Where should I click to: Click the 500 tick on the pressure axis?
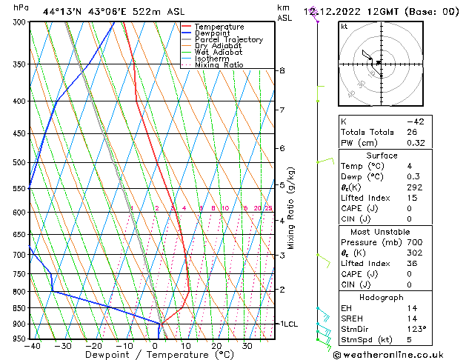point(19,162)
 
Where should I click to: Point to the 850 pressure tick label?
point(19,308)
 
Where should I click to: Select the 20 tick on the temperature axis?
point(216,346)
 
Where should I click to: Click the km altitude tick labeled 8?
point(282,70)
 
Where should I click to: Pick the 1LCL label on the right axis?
point(287,324)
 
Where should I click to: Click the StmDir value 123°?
point(418,329)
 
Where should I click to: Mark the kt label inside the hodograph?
point(344,27)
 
